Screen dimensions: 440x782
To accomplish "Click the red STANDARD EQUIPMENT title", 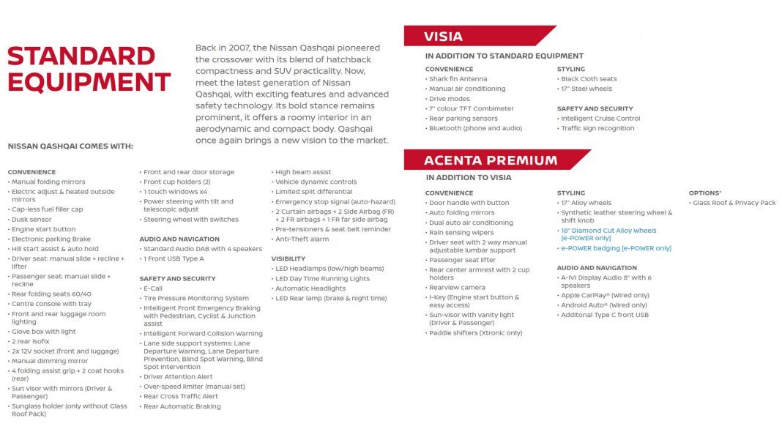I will pyautogui.click(x=89, y=69).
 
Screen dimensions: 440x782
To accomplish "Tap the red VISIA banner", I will pyautogui.click(x=444, y=36).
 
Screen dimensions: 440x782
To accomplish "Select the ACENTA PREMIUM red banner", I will pyautogui.click(x=491, y=160).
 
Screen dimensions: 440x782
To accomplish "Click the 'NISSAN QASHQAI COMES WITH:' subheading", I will pyautogui.click(x=70, y=146).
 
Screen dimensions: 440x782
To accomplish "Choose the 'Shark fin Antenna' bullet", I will pyautogui.click(x=458, y=79).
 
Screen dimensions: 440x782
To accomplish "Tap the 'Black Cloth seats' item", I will pyautogui.click(x=589, y=79).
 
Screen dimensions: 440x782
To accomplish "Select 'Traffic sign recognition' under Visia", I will pyautogui.click(x=597, y=128).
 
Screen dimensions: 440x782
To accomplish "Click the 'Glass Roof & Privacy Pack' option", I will pyautogui.click(x=734, y=203).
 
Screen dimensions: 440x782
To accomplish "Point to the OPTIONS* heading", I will pyautogui.click(x=705, y=193).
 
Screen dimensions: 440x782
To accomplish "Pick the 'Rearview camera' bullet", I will pyautogui.click(x=457, y=288).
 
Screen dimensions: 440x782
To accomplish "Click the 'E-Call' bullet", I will pyautogui.click(x=153, y=288).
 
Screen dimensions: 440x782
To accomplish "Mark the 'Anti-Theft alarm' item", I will pyautogui.click(x=302, y=239).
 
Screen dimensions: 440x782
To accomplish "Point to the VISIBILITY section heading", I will pyautogui.click(x=288, y=258).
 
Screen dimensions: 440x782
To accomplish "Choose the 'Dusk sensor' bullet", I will pyautogui.click(x=31, y=220).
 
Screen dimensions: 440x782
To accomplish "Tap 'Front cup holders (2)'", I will pyautogui.click(x=176, y=182).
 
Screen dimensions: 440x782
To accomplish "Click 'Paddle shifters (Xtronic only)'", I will pyautogui.click(x=475, y=333).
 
